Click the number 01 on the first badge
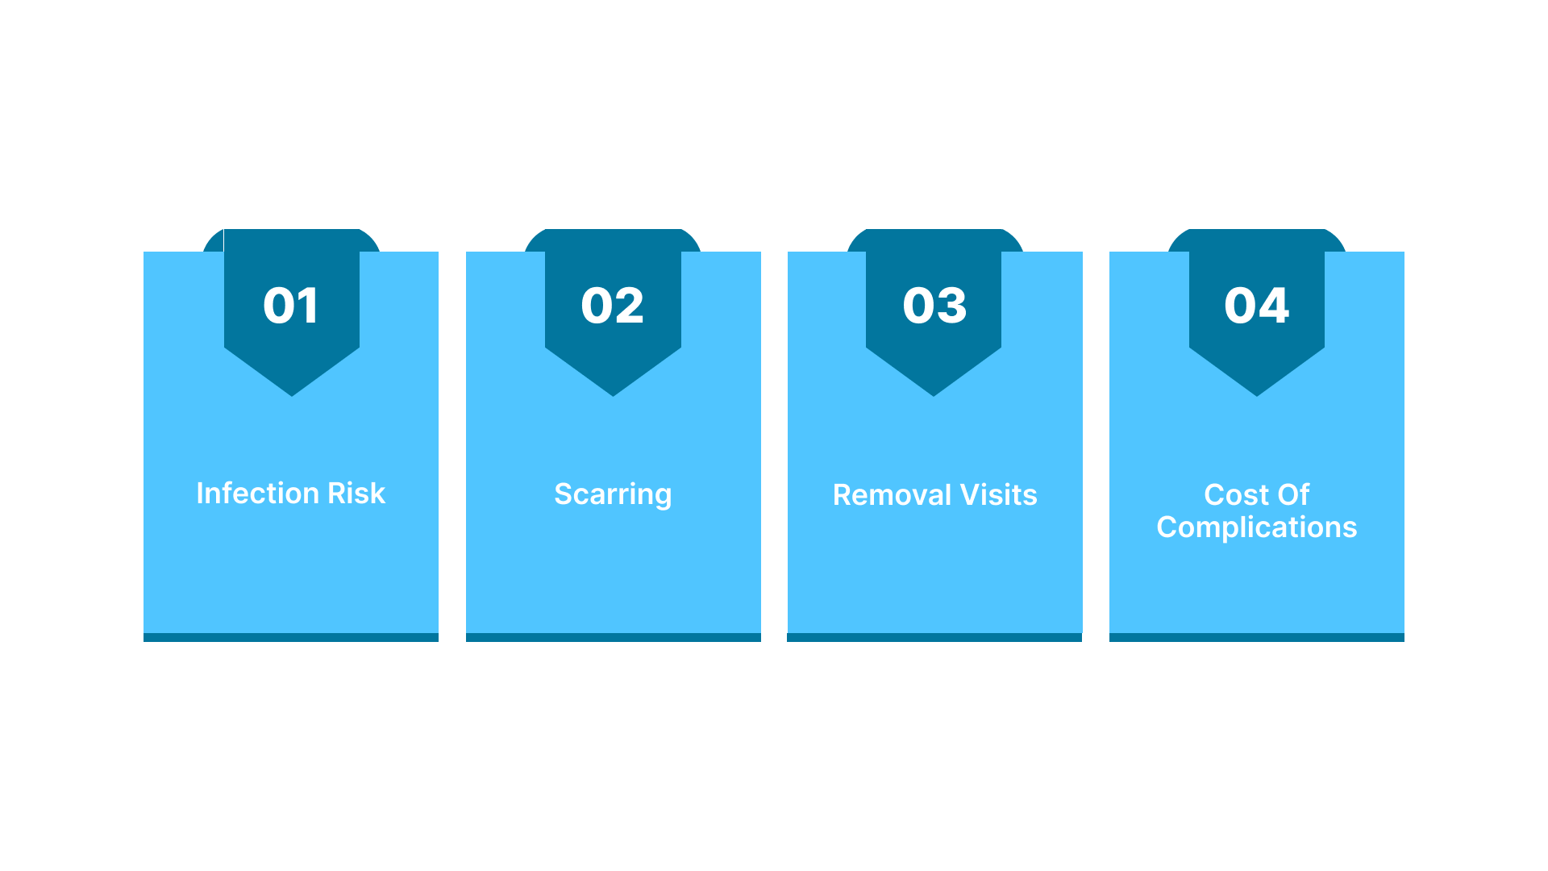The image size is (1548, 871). (291, 306)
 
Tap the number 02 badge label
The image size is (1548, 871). (613, 306)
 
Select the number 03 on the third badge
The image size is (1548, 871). (934, 306)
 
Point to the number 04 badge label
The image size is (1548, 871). (1256, 306)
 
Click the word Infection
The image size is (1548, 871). (257, 493)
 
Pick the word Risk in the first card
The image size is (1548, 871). (356, 493)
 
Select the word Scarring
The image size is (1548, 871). (613, 494)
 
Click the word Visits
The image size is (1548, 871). (999, 494)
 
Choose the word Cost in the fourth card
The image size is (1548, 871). (1236, 494)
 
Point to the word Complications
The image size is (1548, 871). (1257, 527)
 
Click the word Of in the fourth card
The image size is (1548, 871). (1293, 494)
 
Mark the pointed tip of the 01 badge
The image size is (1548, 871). (292, 396)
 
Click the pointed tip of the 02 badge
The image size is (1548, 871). (613, 396)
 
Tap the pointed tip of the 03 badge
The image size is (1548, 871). (934, 396)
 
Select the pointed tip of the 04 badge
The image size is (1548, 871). (1256, 396)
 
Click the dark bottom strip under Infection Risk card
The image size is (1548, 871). (291, 637)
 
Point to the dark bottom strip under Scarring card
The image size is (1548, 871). (614, 637)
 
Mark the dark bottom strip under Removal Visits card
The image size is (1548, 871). (934, 637)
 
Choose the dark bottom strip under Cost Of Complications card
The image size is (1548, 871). (1257, 637)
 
